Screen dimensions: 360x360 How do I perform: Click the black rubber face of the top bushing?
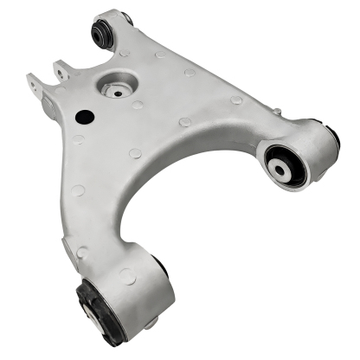tap(102, 34)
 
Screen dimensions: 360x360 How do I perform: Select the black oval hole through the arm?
tap(84, 116)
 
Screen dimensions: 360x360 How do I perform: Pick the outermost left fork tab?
tap(35, 84)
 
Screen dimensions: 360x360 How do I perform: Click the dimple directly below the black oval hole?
tap(79, 139)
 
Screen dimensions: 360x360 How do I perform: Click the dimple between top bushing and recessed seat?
tap(127, 53)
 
